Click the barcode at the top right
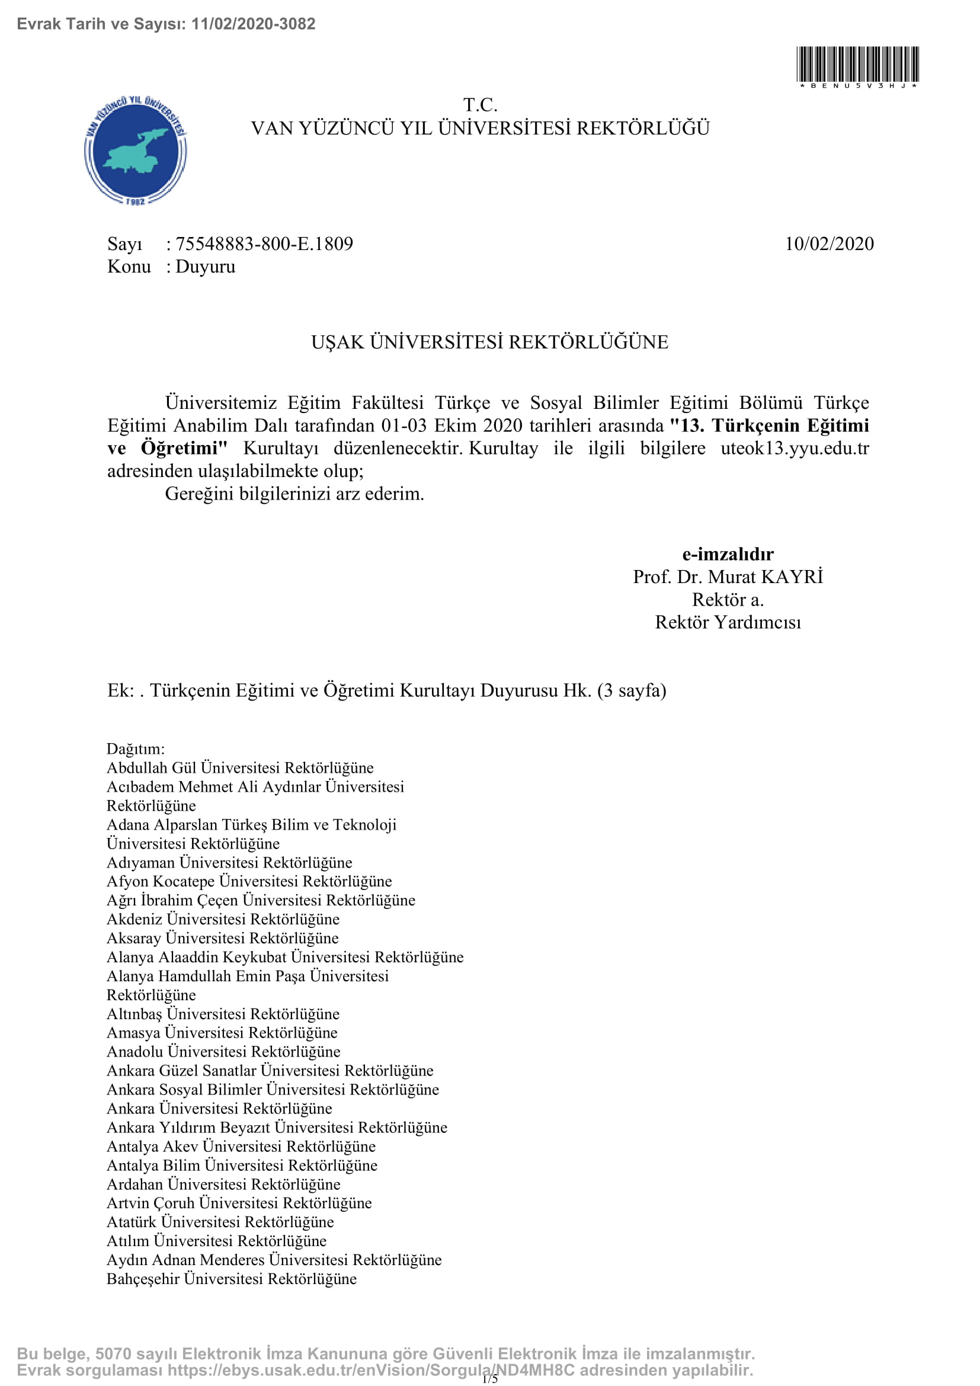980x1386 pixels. [857, 65]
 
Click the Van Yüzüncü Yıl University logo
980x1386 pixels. [135, 151]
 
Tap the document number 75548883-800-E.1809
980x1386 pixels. [264, 244]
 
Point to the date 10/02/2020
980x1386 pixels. [828, 244]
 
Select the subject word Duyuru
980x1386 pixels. [205, 267]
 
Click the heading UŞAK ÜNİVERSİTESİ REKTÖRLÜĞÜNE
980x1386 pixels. [489, 343]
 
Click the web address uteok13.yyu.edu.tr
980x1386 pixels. [794, 449]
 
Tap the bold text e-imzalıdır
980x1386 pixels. [728, 554]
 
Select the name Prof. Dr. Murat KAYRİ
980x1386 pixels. [728, 577]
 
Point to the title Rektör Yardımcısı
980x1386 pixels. [728, 622]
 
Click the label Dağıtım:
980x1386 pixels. [136, 749]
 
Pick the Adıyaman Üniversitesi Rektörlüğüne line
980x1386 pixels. [229, 863]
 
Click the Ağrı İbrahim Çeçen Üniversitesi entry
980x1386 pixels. [261, 900]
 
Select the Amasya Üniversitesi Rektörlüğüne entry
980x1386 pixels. [222, 1033]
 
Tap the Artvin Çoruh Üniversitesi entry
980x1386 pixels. [239, 1203]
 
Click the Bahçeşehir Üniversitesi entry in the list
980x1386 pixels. [232, 1279]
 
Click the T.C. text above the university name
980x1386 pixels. [481, 105]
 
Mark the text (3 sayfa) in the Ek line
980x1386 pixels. [631, 690]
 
